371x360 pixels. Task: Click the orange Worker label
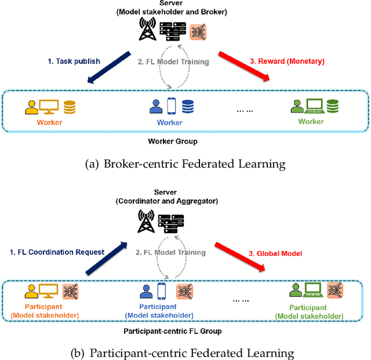[50, 122]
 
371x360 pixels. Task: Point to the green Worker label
[311, 122]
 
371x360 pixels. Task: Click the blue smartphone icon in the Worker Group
[172, 107]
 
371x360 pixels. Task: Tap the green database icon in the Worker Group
[332, 107]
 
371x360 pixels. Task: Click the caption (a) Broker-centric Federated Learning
[185, 164]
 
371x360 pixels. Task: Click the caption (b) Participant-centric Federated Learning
[185, 353]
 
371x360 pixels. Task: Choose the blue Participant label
[158, 307]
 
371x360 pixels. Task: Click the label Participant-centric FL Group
[173, 331]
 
